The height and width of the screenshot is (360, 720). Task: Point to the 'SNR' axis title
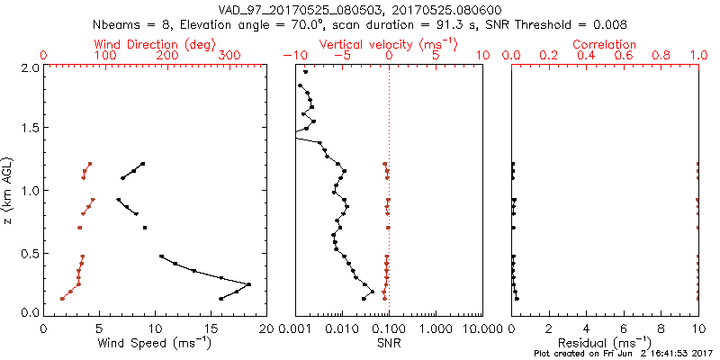point(389,343)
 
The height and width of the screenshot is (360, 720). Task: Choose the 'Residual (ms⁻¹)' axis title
point(605,343)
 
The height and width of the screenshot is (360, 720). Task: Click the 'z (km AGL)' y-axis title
point(9,190)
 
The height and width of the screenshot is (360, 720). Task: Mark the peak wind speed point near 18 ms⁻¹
point(249,284)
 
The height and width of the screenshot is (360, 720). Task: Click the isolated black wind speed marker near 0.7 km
point(144,228)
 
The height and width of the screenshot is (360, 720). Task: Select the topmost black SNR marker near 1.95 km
point(306,72)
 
